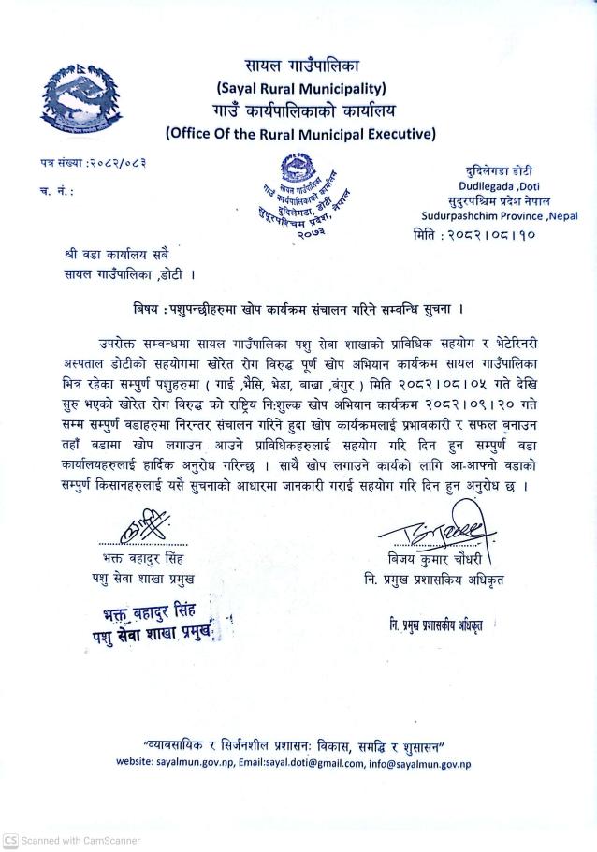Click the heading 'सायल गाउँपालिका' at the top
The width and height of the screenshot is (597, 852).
point(301,66)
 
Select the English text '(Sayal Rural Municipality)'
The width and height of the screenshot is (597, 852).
point(300,89)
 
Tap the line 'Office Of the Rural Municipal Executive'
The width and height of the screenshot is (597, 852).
point(300,133)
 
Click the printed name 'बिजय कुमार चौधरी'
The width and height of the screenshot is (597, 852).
point(440,560)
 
